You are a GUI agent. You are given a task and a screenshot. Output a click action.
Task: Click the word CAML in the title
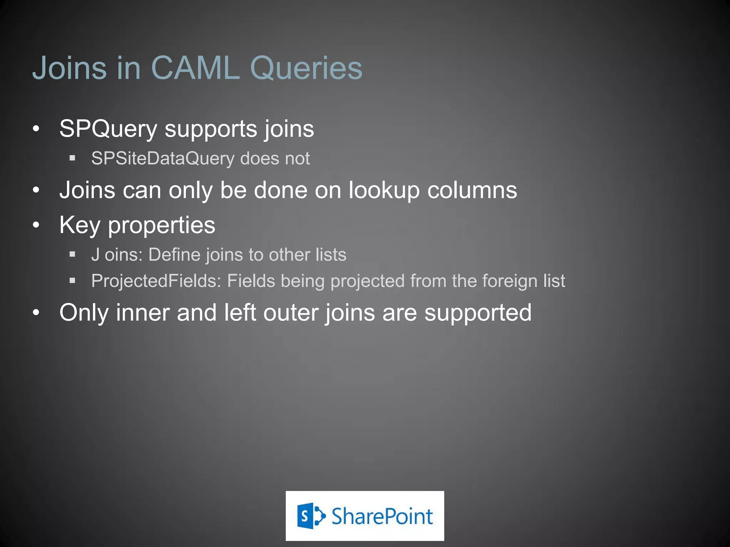(195, 68)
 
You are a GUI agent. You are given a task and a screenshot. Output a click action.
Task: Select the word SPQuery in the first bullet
(108, 129)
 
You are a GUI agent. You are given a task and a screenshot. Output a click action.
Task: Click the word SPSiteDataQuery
(163, 158)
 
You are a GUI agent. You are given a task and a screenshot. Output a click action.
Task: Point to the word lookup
(384, 191)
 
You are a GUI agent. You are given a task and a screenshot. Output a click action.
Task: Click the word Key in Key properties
(80, 225)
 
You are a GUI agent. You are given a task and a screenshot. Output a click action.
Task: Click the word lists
(331, 255)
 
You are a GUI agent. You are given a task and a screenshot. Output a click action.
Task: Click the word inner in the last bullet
(143, 312)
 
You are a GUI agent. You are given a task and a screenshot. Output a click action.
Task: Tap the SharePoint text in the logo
(382, 516)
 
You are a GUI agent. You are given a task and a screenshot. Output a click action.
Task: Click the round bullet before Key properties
(36, 225)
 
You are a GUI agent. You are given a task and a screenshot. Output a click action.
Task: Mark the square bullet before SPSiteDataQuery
(72, 158)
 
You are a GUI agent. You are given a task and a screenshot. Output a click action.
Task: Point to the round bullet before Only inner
(36, 312)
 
